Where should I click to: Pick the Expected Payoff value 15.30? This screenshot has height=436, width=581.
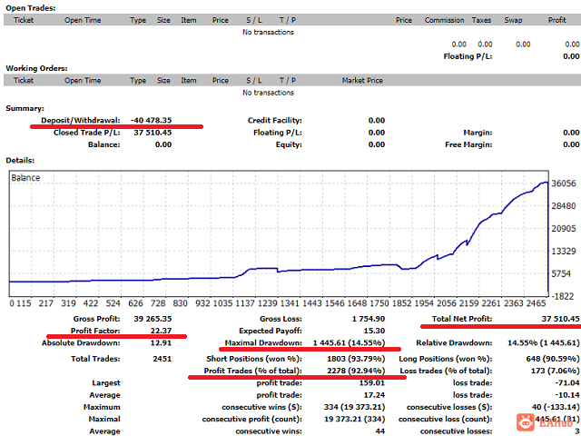point(372,331)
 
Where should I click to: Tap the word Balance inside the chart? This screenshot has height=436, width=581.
point(25,178)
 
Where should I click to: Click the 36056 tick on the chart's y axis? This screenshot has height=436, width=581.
point(563,183)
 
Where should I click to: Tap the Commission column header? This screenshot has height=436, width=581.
point(444,20)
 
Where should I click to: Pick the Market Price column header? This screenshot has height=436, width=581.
point(366,80)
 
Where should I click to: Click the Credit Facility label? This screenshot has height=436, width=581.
point(275,120)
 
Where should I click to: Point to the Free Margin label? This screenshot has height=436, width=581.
point(468,144)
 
